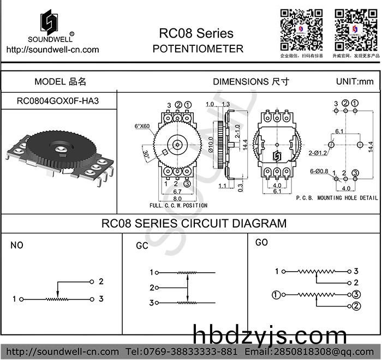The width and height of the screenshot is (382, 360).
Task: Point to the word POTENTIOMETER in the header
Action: pos(198,49)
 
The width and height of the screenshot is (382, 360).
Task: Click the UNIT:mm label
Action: pos(355,82)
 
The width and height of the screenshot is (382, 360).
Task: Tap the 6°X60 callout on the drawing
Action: pos(142,126)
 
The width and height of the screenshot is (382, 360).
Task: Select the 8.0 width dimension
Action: pos(178,199)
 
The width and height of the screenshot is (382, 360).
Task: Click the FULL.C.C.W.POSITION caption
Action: pos(178,206)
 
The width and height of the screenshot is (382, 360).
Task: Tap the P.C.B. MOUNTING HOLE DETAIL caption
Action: pos(336,197)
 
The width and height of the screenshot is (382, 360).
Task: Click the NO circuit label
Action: pos(17,245)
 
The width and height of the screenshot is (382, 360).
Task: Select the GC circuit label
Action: pos(142,246)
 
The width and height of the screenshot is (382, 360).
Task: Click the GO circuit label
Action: pos(261,242)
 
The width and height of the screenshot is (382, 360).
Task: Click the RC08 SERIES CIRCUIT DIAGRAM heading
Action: pos(194,224)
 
